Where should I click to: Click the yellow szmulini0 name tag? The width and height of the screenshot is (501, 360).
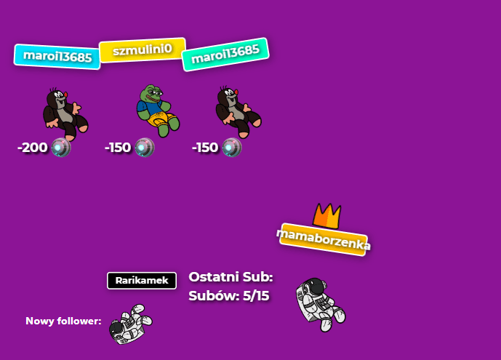point(142,49)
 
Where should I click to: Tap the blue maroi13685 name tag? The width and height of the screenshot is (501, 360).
point(57,55)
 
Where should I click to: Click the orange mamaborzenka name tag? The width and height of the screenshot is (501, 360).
point(324,239)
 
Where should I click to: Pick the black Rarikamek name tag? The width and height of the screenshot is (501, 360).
point(142,281)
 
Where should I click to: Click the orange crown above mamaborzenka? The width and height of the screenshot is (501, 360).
point(327,215)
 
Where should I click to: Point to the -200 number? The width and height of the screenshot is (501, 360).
point(33,148)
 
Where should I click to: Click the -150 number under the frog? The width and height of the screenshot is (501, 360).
point(118,148)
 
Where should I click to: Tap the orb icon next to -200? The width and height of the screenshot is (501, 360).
point(61,148)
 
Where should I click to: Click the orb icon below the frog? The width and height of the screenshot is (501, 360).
point(145,148)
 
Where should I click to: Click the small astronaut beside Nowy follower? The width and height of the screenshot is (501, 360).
point(130,324)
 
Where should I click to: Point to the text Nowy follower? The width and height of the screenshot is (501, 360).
point(63,321)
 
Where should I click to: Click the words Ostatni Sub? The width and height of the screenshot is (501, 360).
point(231,277)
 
